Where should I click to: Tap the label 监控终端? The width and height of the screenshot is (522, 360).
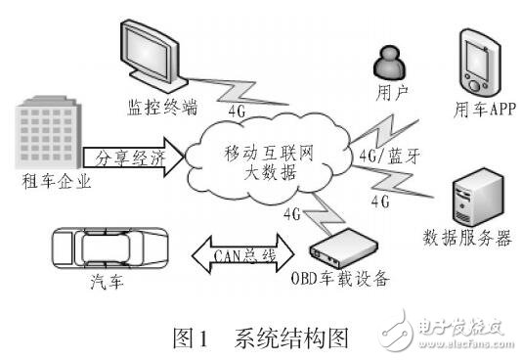coord(159,104)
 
